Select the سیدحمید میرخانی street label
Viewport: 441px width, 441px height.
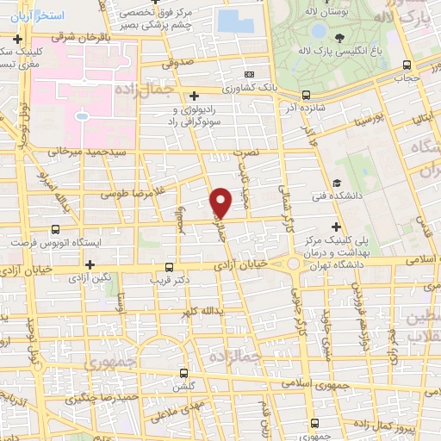point(84,150)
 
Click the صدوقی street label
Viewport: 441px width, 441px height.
point(178,63)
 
